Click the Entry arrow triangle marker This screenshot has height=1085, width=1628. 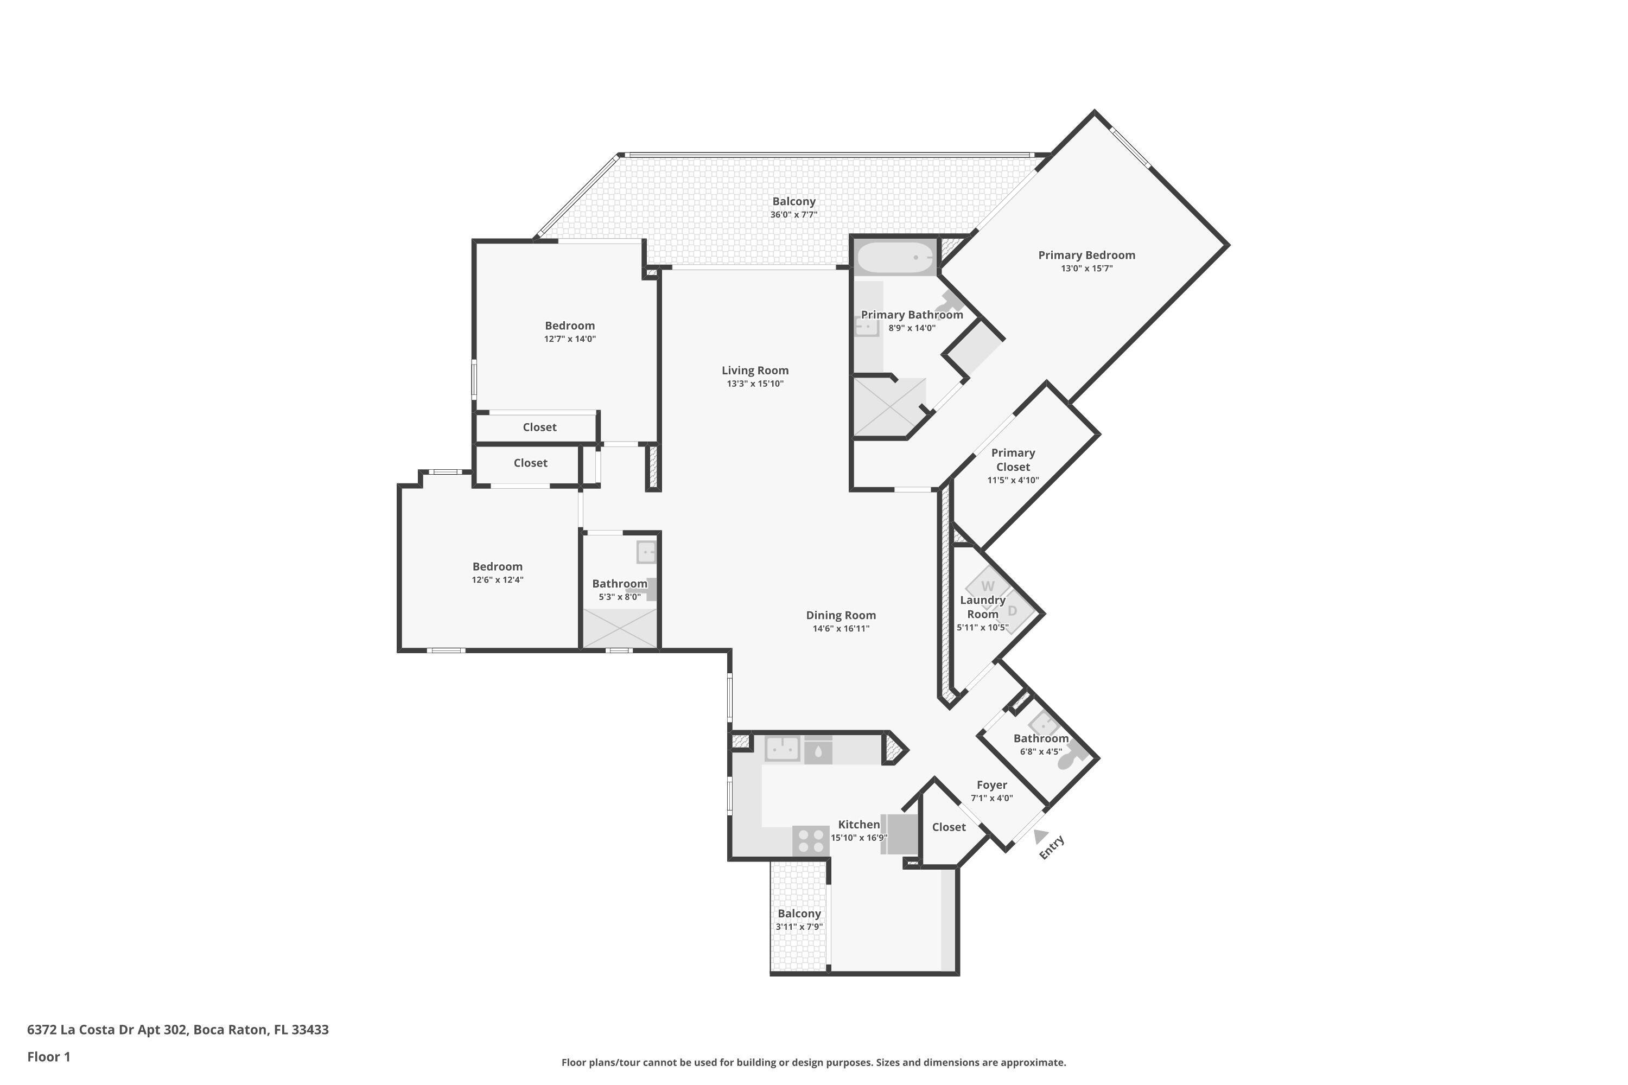(1040, 837)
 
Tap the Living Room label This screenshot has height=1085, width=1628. (754, 370)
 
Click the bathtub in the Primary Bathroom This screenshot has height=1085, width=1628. (894, 257)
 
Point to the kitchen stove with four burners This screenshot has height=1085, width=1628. (811, 841)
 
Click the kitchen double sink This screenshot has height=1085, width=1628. (782, 749)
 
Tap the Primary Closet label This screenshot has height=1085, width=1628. (1013, 459)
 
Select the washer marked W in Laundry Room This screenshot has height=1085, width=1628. (988, 586)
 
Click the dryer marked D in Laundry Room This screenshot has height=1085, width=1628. (1013, 610)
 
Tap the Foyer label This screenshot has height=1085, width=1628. (991, 784)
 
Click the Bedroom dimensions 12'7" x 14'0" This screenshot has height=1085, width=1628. (570, 339)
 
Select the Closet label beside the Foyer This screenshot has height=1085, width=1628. (948, 827)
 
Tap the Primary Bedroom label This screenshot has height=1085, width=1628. (1086, 254)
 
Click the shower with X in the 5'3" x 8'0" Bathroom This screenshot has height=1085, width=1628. (620, 628)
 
